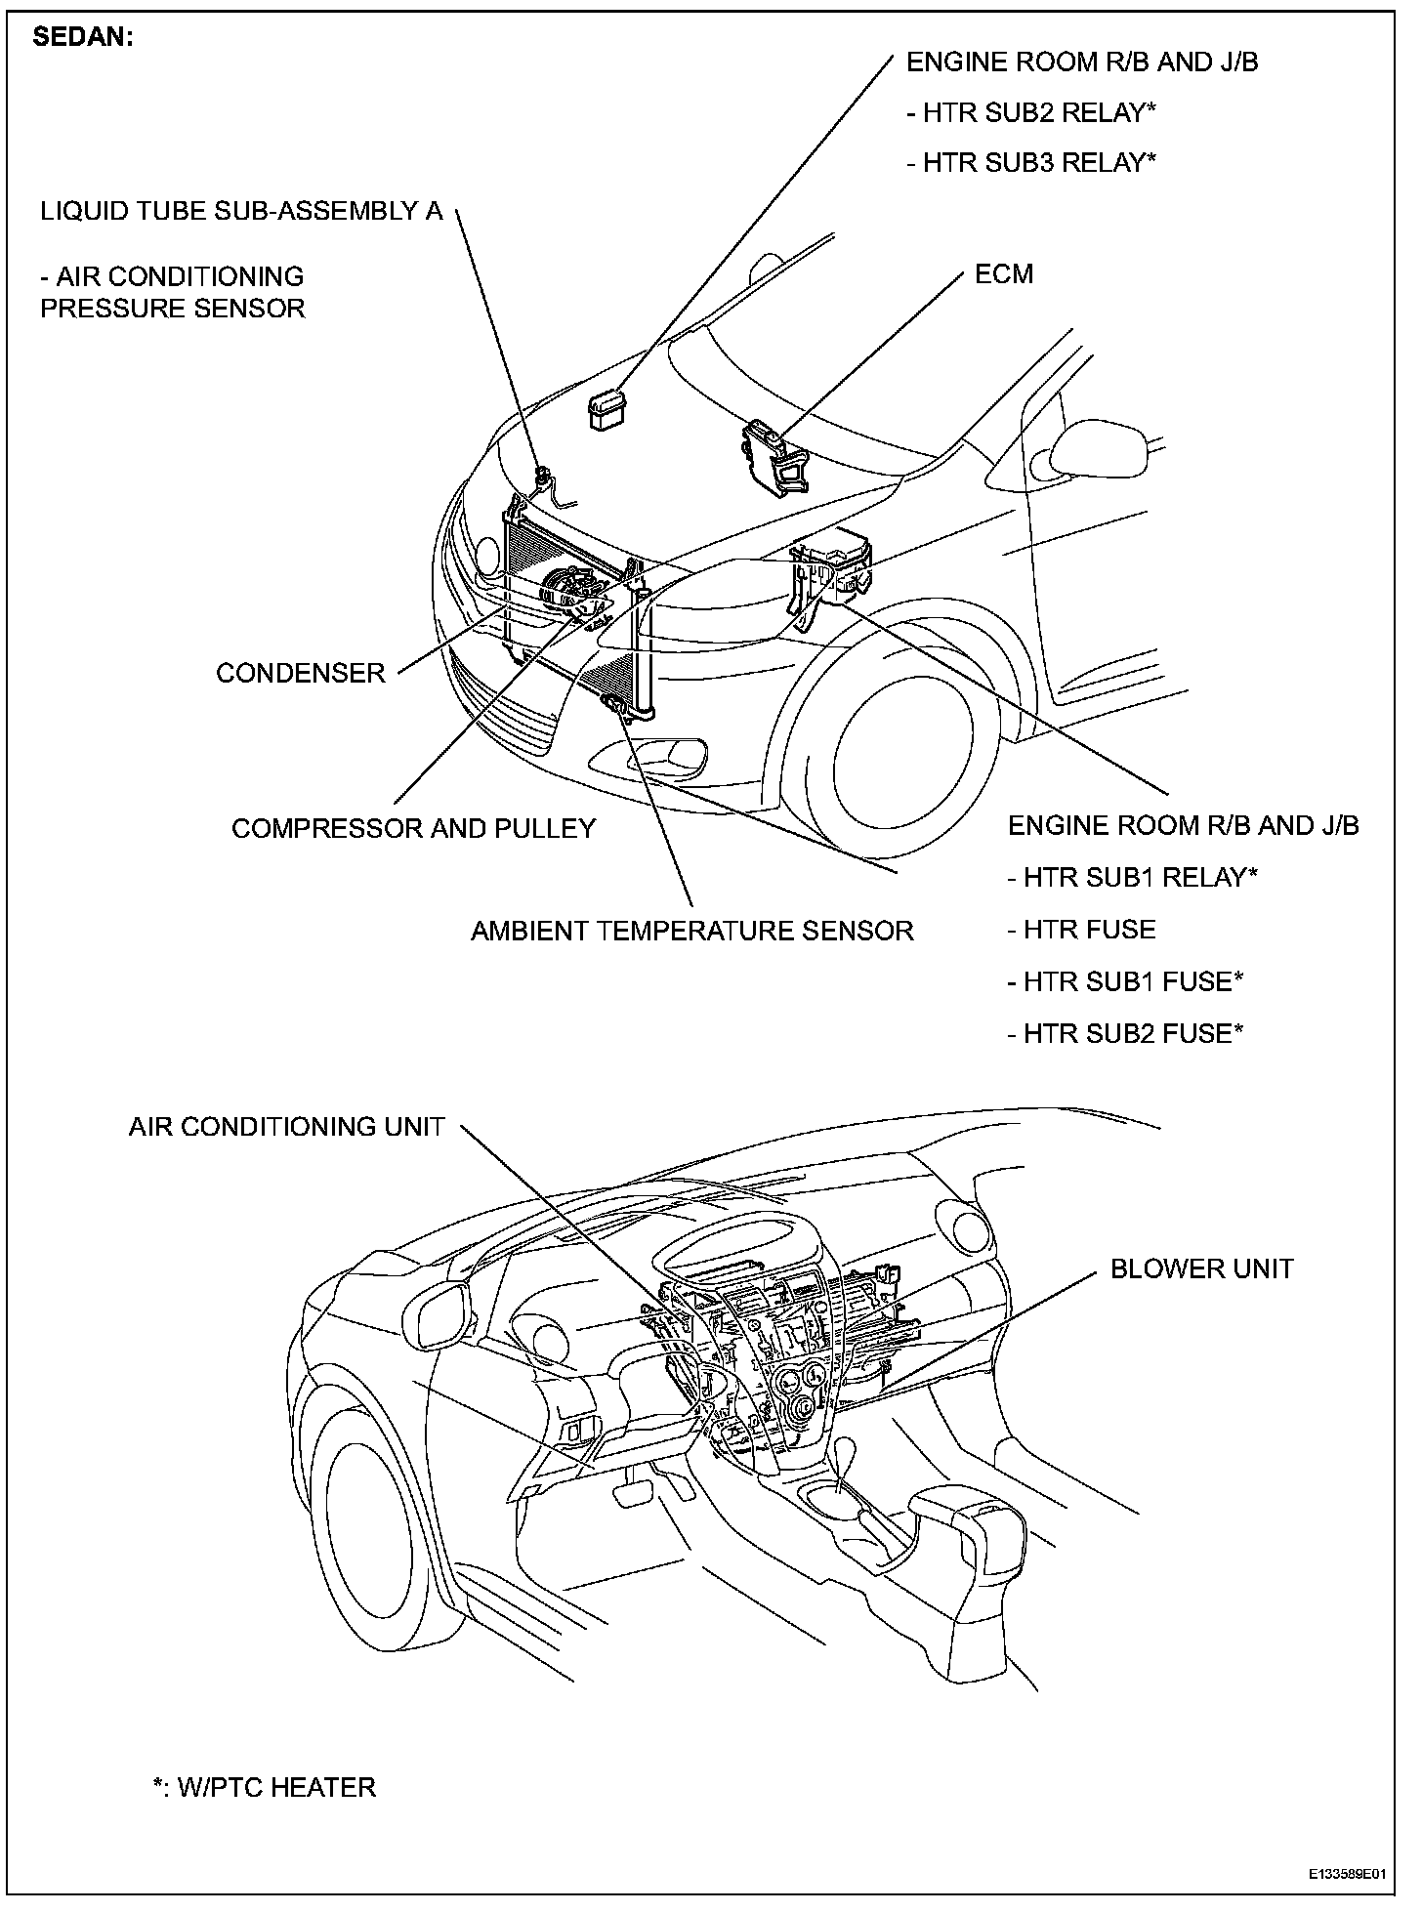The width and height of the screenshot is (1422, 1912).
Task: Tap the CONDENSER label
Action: point(301,673)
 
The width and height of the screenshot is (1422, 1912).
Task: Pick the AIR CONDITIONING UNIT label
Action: point(286,1127)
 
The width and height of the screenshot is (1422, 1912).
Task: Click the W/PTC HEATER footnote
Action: point(265,1787)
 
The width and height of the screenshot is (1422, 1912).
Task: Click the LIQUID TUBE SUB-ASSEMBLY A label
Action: point(241,212)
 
